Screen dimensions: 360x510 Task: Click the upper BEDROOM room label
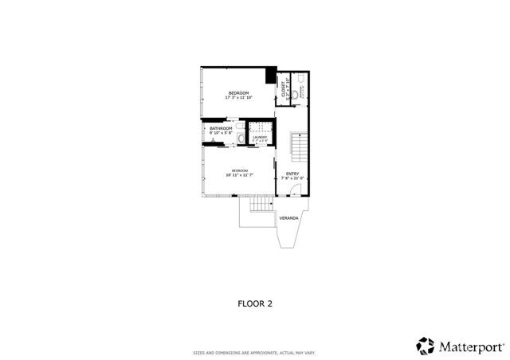click(239, 93)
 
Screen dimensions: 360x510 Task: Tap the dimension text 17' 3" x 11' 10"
click(239, 99)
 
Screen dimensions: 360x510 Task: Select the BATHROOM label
click(221, 128)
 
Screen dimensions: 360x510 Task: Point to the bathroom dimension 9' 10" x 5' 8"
click(221, 133)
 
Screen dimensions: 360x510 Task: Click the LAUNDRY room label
click(260, 137)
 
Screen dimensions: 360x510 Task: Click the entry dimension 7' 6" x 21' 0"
click(292, 178)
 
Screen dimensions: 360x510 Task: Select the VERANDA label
click(288, 217)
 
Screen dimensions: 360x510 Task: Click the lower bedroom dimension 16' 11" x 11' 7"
click(239, 174)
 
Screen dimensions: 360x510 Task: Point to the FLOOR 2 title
click(255, 303)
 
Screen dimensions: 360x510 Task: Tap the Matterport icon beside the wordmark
click(425, 346)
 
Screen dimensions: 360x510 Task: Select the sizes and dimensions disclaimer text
click(255, 352)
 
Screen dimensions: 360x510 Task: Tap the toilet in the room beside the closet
click(296, 95)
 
